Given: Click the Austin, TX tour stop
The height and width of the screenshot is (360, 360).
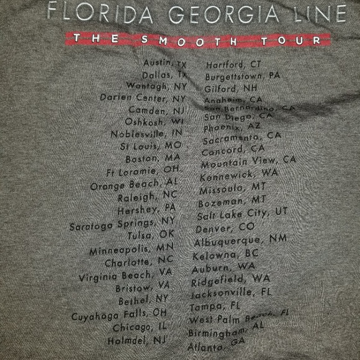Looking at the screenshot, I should (x=164, y=64).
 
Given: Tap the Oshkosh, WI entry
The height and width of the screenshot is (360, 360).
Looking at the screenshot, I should (x=155, y=122).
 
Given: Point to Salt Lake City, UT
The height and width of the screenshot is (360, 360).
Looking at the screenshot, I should (x=242, y=214).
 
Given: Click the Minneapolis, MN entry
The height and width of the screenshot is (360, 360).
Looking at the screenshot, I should (x=132, y=251).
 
